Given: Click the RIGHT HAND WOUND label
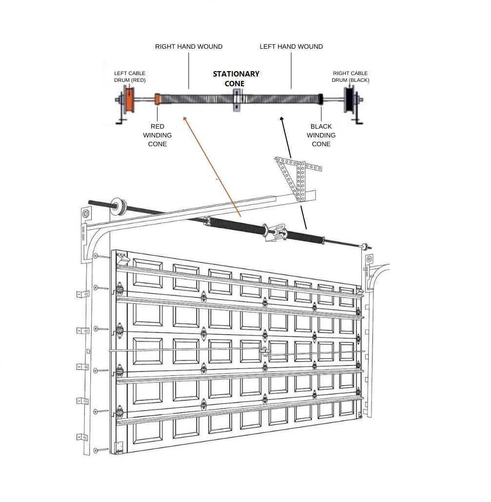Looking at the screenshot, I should pyautogui.click(x=189, y=47).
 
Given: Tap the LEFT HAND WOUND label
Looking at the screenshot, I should pyautogui.click(x=291, y=47).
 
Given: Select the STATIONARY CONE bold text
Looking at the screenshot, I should pyautogui.click(x=236, y=78).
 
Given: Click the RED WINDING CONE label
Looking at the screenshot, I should pyautogui.click(x=157, y=135).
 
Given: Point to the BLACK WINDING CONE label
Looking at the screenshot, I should pyautogui.click(x=321, y=135).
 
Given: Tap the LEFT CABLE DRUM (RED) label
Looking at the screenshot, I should pyautogui.click(x=130, y=77).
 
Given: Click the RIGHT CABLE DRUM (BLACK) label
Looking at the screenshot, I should pyautogui.click(x=351, y=77).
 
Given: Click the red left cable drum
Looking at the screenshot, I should pyautogui.click(x=129, y=100).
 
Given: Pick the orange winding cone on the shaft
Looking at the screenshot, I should pyautogui.click(x=157, y=99).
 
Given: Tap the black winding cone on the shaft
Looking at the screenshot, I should pyautogui.click(x=321, y=99).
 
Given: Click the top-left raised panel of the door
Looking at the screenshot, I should pyautogui.click(x=147, y=272).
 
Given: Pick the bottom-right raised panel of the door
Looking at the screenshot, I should pyautogui.click(x=347, y=408).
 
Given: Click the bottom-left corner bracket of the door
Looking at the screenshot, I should pyautogui.click(x=118, y=445).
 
